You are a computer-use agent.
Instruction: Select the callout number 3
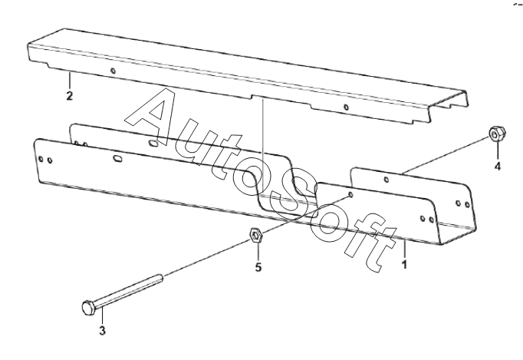pyautogui.click(x=102, y=332)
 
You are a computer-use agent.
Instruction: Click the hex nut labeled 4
pyautogui.click(x=495, y=135)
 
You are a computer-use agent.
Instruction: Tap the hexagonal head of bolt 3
pyautogui.click(x=88, y=307)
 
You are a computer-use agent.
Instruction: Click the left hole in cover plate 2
pyautogui.click(x=113, y=71)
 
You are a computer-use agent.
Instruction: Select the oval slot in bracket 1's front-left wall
pyautogui.click(x=118, y=159)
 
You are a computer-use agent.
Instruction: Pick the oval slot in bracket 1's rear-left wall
pyautogui.click(x=153, y=142)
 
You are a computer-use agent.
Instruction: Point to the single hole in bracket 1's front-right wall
pyautogui.click(x=351, y=195)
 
